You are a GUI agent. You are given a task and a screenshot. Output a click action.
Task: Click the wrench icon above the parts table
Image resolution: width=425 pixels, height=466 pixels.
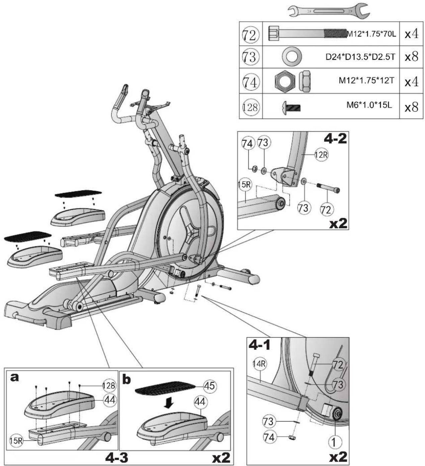(x=328, y=11)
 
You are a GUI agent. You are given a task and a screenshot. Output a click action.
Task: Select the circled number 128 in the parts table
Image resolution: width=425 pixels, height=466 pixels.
(x=250, y=107)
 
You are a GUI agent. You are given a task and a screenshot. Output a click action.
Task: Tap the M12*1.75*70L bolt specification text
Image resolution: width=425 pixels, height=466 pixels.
(x=371, y=34)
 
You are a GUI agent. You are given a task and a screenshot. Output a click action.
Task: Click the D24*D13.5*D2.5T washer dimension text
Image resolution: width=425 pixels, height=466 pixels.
(x=360, y=57)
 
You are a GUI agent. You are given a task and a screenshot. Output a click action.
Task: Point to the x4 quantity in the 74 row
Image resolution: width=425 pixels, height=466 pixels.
(x=411, y=82)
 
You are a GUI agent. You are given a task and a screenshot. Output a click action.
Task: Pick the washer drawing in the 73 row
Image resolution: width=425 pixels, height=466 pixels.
(x=292, y=57)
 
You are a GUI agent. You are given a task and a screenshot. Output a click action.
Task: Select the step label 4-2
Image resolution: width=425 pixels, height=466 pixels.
(x=335, y=139)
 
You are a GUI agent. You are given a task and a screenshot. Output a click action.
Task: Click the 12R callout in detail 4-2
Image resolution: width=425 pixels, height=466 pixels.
(x=321, y=155)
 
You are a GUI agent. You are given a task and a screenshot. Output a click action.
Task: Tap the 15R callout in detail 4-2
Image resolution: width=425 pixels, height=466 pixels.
(x=245, y=185)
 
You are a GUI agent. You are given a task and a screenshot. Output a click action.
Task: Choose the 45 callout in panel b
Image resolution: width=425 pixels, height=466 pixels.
(x=210, y=386)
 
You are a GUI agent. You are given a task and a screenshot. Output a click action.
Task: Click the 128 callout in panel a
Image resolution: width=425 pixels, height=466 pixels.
(x=109, y=386)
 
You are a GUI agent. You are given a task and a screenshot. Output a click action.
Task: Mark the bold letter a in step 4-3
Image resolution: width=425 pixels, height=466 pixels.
(x=15, y=378)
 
